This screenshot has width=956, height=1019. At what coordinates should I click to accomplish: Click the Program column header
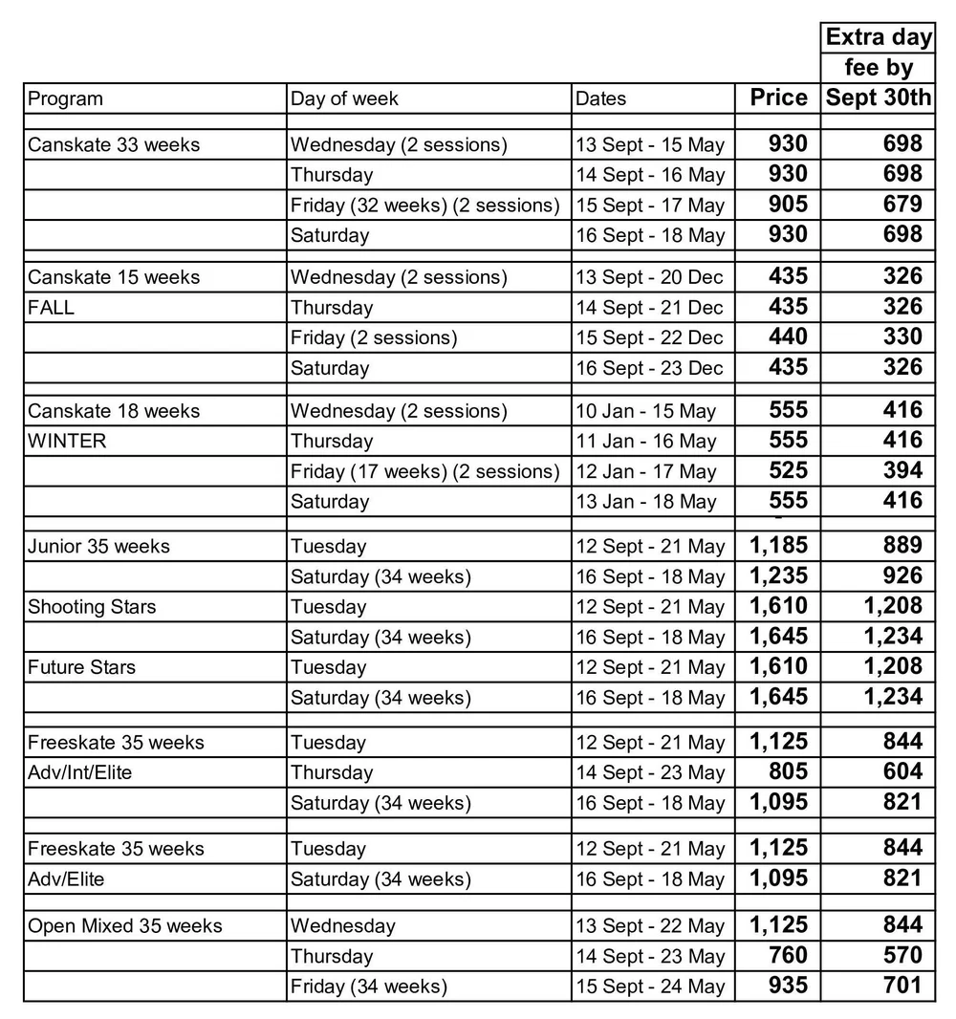click(65, 99)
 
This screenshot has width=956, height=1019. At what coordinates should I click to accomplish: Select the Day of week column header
click(344, 99)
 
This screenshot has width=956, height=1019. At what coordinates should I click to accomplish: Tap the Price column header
click(778, 98)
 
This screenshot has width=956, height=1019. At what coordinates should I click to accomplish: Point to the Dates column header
click(601, 99)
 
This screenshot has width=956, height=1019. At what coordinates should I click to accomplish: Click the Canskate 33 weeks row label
click(114, 145)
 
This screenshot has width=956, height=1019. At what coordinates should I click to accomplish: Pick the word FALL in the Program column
click(52, 308)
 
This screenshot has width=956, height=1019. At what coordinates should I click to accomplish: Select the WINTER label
click(67, 442)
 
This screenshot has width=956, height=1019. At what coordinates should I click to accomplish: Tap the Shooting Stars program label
click(92, 607)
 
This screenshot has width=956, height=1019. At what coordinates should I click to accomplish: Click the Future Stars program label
click(81, 667)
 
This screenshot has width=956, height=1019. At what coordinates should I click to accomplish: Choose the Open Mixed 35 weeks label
click(124, 926)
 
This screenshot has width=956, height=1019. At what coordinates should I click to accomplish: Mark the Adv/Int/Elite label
click(79, 772)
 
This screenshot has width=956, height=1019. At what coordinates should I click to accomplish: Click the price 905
click(788, 204)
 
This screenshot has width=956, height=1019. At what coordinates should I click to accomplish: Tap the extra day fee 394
click(902, 470)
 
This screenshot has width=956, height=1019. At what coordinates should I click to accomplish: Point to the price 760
click(788, 955)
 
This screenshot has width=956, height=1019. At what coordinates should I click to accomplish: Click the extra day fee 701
click(902, 986)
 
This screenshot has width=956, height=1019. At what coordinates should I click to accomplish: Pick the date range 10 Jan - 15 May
click(645, 411)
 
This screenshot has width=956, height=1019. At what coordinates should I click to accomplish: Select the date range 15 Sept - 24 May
click(650, 986)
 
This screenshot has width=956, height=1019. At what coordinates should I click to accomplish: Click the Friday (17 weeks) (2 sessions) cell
click(424, 471)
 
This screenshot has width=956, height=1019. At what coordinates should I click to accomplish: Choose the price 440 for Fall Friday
click(788, 336)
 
